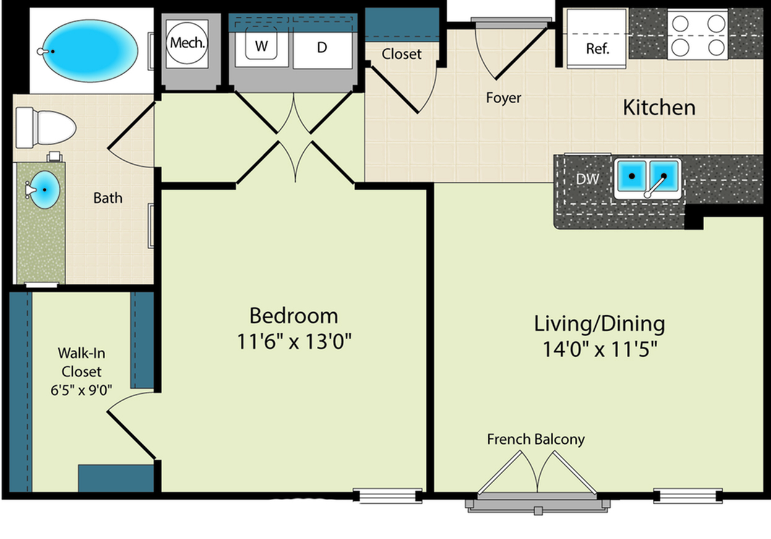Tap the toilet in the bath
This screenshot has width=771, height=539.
(45, 127)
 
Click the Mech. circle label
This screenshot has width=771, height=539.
(187, 43)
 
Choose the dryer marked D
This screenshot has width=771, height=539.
(322, 47)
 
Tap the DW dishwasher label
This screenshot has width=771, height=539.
(588, 179)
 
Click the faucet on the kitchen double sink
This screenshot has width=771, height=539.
(655, 186)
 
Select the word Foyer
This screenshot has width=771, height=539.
(504, 98)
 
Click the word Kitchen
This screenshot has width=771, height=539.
(659, 108)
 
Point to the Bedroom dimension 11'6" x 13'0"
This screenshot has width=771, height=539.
(295, 342)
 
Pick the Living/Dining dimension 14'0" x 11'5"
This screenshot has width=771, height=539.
(600, 349)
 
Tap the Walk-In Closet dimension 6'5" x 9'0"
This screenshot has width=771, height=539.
(82, 390)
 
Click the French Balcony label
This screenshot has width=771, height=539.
(536, 439)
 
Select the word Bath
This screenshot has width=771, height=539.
(108, 198)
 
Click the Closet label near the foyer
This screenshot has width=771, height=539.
(402, 54)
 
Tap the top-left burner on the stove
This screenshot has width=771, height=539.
(681, 24)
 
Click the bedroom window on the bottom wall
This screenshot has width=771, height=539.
(388, 496)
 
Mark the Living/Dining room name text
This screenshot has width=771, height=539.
(600, 324)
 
